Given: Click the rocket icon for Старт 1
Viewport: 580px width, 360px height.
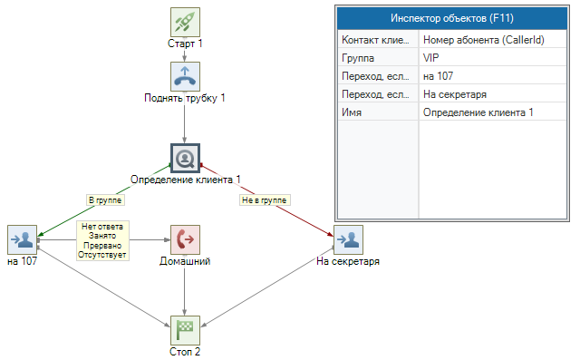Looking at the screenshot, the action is coord(185,22).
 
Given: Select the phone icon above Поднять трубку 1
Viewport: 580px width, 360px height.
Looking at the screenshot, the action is coord(185,76).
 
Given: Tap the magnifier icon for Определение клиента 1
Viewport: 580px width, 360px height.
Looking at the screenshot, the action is coord(185,159).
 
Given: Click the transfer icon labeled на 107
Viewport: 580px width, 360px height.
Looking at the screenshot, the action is coord(22,239).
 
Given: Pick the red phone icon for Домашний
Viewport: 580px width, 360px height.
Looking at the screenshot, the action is coord(185,239).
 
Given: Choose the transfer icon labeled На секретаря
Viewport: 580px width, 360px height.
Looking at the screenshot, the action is coord(348,239).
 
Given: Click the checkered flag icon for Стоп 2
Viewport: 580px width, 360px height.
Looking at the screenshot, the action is coord(185,330).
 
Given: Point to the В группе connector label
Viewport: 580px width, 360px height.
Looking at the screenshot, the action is coord(105,200).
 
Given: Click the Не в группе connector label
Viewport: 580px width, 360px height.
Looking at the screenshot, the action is coord(265,200).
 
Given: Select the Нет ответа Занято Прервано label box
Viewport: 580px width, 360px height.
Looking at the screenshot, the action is coord(102,241).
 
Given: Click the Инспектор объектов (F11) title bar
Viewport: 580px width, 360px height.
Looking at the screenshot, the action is coord(452,18).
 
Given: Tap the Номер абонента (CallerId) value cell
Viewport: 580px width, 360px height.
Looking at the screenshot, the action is coord(492,40).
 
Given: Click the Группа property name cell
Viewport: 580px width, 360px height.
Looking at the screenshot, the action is coord(378,58).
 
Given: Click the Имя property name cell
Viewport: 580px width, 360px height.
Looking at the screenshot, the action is coord(378,112).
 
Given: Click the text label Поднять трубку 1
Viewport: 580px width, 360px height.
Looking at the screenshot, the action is coord(185,98).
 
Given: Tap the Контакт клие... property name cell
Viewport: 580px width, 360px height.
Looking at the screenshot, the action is coord(378,40).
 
